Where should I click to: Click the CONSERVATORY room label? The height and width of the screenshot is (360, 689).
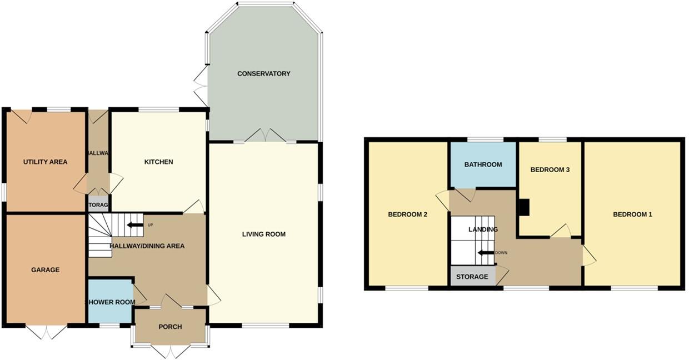point(263,73)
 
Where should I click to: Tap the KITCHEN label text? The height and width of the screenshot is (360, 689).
point(158,162)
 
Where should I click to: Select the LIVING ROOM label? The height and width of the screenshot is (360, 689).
point(263,234)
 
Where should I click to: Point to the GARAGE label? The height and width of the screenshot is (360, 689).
point(45,270)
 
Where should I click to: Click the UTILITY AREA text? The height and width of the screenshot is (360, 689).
point(45,162)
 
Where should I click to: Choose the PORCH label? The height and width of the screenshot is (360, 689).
point(170,327)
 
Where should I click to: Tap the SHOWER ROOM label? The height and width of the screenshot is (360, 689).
point(110,302)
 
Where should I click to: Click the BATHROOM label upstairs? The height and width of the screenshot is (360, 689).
point(483,164)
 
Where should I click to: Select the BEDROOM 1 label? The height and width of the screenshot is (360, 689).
point(632,214)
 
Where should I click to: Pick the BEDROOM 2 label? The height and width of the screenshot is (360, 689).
point(407,214)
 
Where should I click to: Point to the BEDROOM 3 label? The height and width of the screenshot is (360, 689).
point(550,170)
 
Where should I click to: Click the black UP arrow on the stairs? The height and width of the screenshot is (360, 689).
point(134,225)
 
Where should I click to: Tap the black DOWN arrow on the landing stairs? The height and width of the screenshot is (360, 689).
point(486,253)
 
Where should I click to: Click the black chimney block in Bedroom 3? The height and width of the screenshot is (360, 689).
point(523,207)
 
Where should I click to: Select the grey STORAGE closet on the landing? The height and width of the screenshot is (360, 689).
point(472,277)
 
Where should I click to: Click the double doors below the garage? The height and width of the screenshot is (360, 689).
point(46,332)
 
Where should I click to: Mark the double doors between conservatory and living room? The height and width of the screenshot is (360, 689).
point(264,135)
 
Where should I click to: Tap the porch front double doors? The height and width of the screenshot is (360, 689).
point(171,351)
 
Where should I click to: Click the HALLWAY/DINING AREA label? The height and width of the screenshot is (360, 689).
point(147,246)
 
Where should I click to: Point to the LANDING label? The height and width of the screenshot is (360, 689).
point(483,229)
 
